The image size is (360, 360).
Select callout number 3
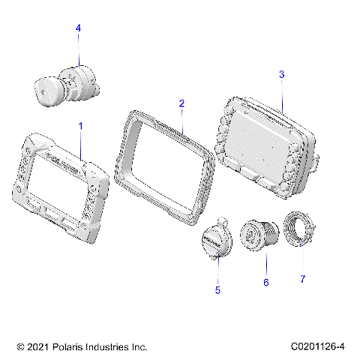281,74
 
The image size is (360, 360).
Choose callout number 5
218,287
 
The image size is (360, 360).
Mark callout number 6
265,282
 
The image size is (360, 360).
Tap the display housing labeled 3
266,142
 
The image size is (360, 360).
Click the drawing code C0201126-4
320,347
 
